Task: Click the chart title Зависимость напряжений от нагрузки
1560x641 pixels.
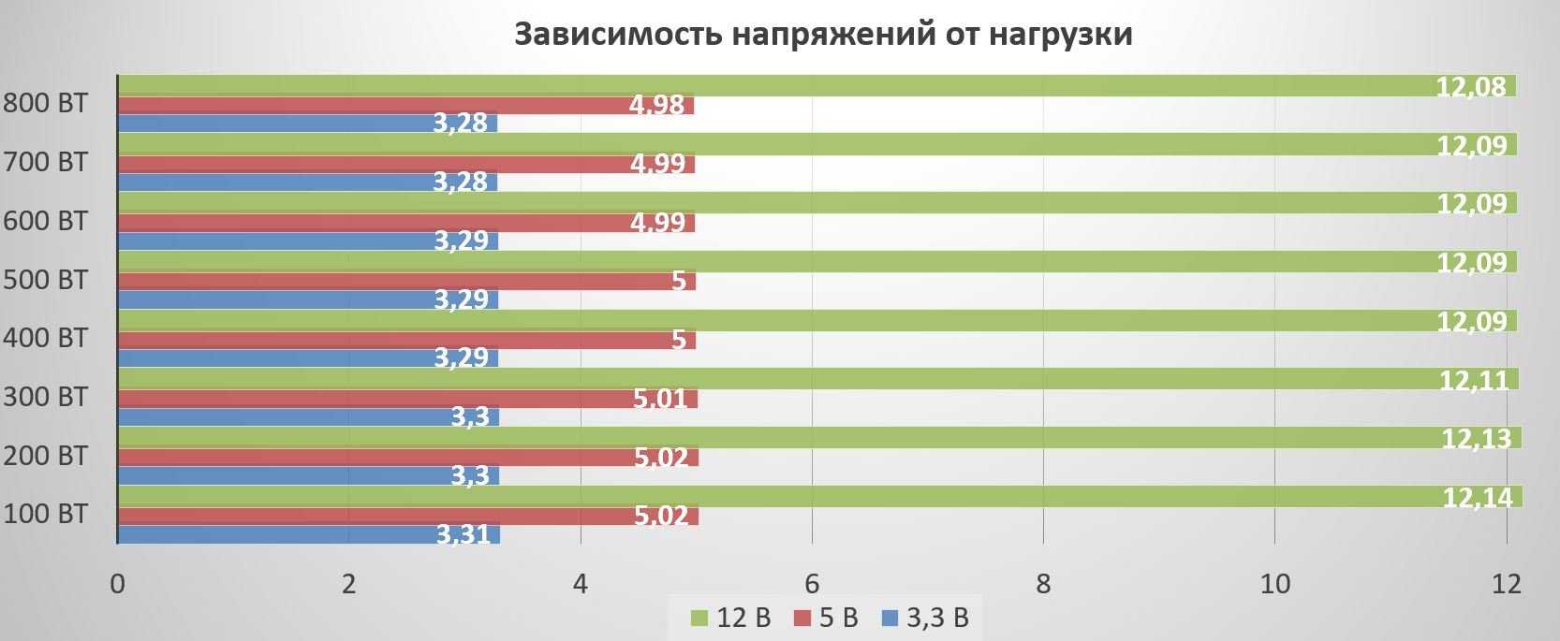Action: tap(823, 35)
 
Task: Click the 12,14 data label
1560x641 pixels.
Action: tap(1477, 498)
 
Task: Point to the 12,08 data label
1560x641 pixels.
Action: tap(1471, 87)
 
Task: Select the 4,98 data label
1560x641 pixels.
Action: tap(657, 105)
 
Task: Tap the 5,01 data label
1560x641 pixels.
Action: tap(660, 399)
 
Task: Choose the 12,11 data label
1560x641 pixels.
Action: tap(1474, 380)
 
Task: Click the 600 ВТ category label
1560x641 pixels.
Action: tap(45, 221)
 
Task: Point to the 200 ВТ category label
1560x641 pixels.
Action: tap(45, 456)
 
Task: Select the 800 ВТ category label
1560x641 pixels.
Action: tap(45, 103)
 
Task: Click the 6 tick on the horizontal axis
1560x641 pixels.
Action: tap(812, 584)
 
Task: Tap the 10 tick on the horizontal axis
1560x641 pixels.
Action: tap(1274, 584)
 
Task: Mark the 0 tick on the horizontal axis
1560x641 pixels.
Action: tap(117, 584)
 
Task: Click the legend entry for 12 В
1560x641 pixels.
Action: tap(730, 618)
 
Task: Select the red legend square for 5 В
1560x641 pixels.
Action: tap(801, 619)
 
